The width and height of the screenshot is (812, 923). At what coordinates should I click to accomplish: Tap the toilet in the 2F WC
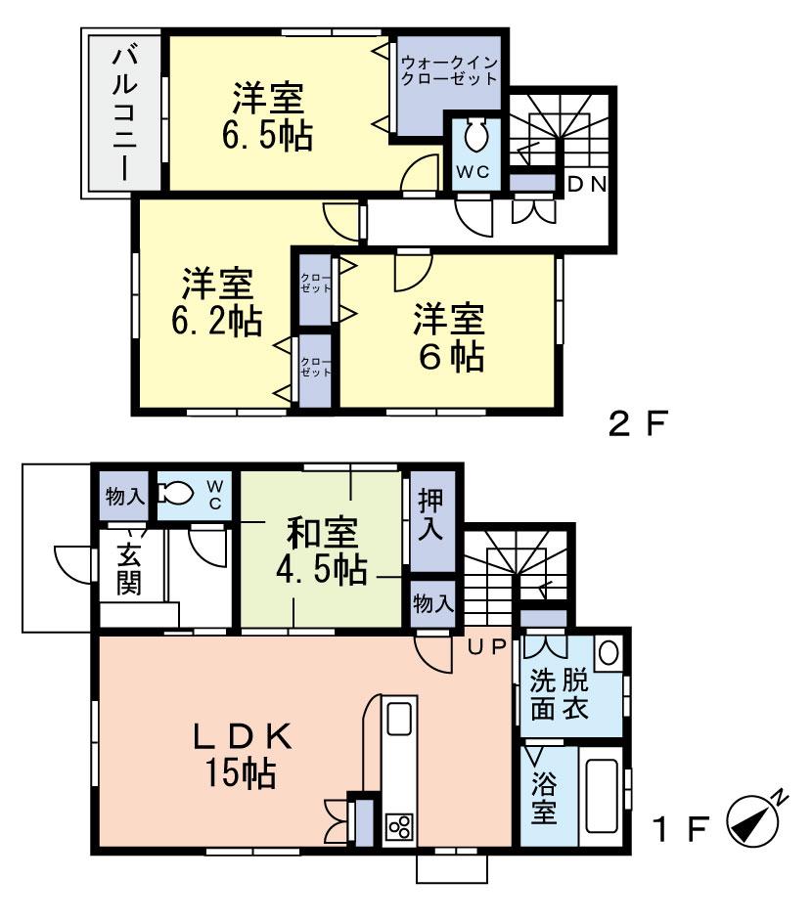coord(475,137)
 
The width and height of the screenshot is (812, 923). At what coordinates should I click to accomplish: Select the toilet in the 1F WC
coord(175,493)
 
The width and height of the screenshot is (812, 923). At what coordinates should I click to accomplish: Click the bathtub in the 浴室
coord(602,796)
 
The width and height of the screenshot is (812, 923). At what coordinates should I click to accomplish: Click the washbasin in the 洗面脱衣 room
coord(609,652)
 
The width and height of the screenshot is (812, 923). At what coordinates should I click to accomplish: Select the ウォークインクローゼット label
coord(449,70)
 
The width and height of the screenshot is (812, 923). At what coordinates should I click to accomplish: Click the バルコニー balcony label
coord(125,113)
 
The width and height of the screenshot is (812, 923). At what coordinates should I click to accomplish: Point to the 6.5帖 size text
coord(267,135)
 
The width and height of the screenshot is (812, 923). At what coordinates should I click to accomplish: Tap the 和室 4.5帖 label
coord(322,551)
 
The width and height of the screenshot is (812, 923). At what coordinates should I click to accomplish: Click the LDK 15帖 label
coord(242,755)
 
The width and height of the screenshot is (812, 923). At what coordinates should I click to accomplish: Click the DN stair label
coord(587,185)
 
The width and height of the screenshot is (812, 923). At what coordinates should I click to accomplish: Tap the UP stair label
coord(487,647)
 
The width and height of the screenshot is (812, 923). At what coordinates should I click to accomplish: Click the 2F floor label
coord(639,423)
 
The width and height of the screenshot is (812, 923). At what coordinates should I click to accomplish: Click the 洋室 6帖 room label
coord(449,338)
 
